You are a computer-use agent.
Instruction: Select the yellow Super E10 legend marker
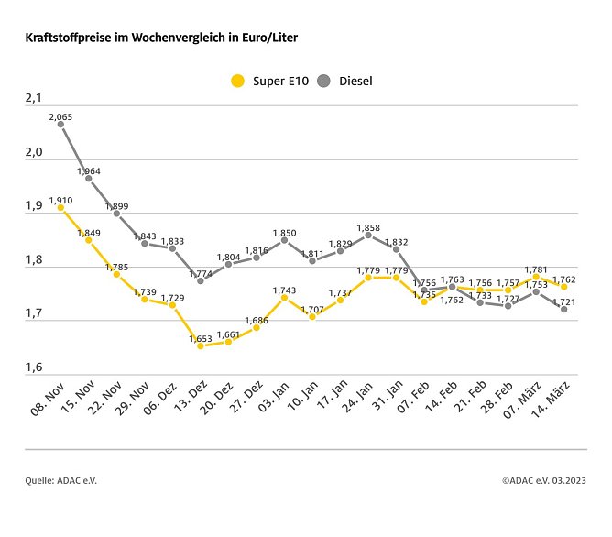pyautogui.click(x=237, y=81)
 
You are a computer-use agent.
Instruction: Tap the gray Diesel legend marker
pyautogui.click(x=323, y=81)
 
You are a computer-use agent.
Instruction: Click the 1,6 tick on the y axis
pyautogui.click(x=34, y=367)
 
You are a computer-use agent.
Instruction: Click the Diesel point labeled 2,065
pyautogui.click(x=60, y=125)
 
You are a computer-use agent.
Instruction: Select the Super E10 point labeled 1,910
pyautogui.click(x=60, y=208)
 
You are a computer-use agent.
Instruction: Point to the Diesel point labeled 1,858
pyautogui.click(x=368, y=235)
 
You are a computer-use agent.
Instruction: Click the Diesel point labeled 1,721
pyautogui.click(x=563, y=309)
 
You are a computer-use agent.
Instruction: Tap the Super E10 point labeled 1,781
pyautogui.click(x=536, y=277)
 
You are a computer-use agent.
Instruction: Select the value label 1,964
pyautogui.click(x=89, y=170)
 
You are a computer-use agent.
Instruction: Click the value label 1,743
pyautogui.click(x=284, y=290)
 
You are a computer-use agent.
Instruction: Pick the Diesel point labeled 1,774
pyautogui.click(x=201, y=280)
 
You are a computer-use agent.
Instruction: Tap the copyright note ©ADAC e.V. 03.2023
pyautogui.click(x=544, y=480)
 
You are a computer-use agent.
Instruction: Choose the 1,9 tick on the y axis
pyautogui.click(x=34, y=206)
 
